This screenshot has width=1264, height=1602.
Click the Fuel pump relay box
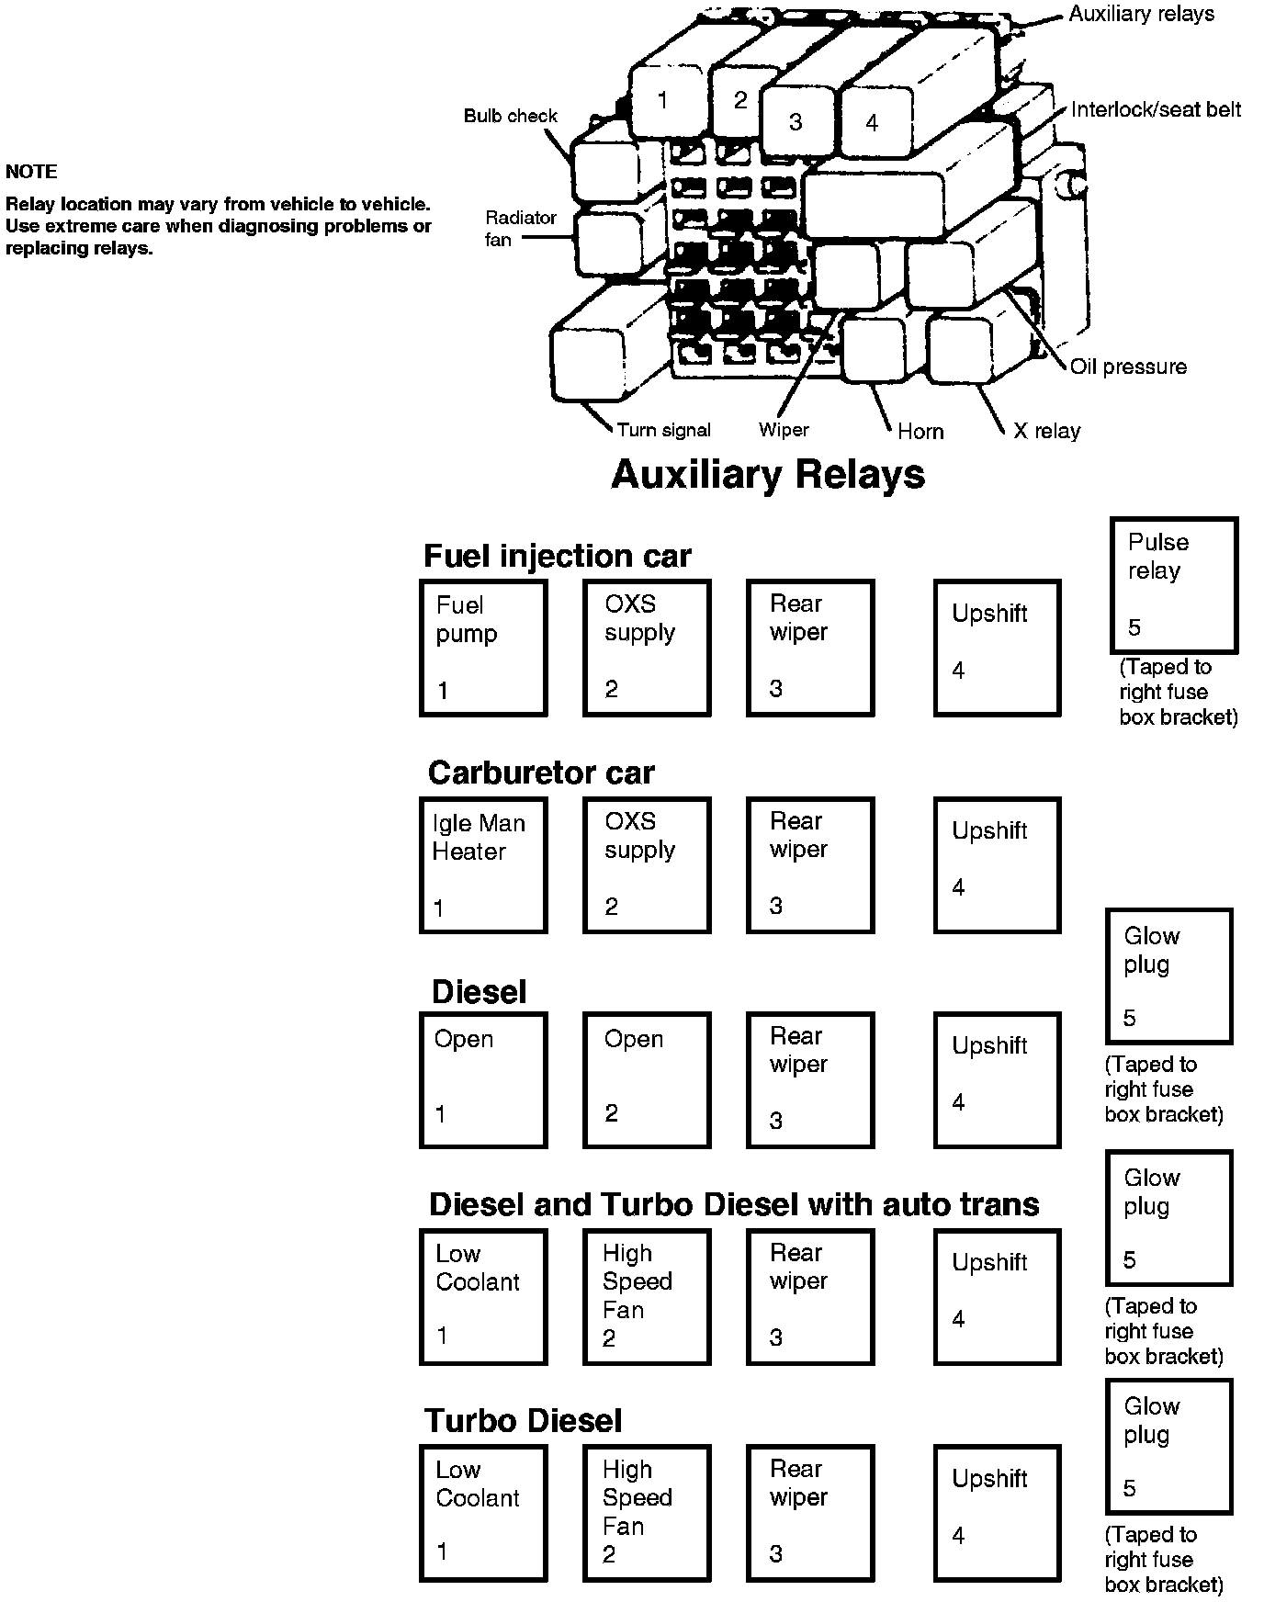pyautogui.click(x=483, y=648)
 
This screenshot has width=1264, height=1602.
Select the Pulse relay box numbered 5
pyautogui.click(x=1173, y=584)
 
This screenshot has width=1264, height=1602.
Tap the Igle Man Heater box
pyautogui.click(x=483, y=865)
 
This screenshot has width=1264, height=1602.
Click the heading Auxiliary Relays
pyautogui.click(x=768, y=475)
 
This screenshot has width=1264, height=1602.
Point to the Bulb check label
pyautogui.click(x=510, y=116)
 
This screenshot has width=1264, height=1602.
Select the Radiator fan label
pyautogui.click(x=520, y=229)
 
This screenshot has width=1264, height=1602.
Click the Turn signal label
pyautogui.click(x=663, y=430)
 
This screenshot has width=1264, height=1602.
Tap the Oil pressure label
pyautogui.click(x=1128, y=367)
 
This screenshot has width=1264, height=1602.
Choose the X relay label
pyautogui.click(x=1046, y=431)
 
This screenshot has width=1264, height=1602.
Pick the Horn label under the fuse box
pyautogui.click(x=920, y=432)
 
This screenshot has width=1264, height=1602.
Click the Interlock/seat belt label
pyautogui.click(x=1156, y=110)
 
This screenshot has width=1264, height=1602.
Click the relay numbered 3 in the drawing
pyautogui.click(x=796, y=121)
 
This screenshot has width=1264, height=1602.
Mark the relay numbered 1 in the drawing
pyautogui.click(x=662, y=100)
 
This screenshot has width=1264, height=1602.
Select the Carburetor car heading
pyautogui.click(x=541, y=773)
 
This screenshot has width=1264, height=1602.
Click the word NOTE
pyautogui.click(x=31, y=172)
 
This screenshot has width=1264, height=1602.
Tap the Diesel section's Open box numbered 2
pyautogui.click(x=647, y=1080)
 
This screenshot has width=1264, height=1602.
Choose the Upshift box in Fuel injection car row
pyautogui.click(x=997, y=648)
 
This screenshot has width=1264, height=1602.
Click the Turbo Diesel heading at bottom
pyautogui.click(x=523, y=1421)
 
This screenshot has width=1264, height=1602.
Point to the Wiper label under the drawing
pyautogui.click(x=784, y=430)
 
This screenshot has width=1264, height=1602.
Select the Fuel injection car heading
pyautogui.click(x=557, y=556)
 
